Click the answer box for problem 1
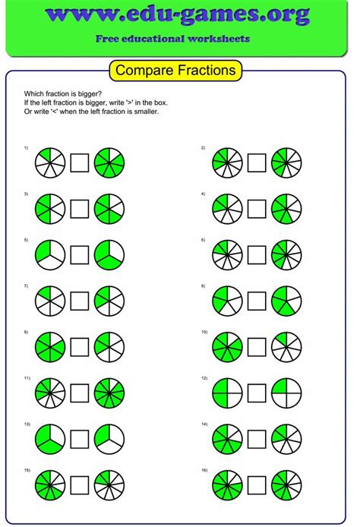[x=80, y=163]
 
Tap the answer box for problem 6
[x=257, y=254]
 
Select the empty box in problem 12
[x=257, y=393]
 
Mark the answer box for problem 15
[x=80, y=484]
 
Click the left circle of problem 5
[x=49, y=254]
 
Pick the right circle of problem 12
[x=286, y=393]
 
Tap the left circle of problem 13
[x=49, y=439]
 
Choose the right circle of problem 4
[x=286, y=208]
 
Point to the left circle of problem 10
[x=227, y=346]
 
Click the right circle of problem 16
[x=286, y=484]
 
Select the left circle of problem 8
[x=227, y=300]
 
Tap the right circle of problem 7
[x=109, y=300]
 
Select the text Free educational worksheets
[x=179, y=38]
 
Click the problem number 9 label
[x=26, y=332]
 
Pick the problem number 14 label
[x=204, y=424]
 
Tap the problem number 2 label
[x=203, y=147]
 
